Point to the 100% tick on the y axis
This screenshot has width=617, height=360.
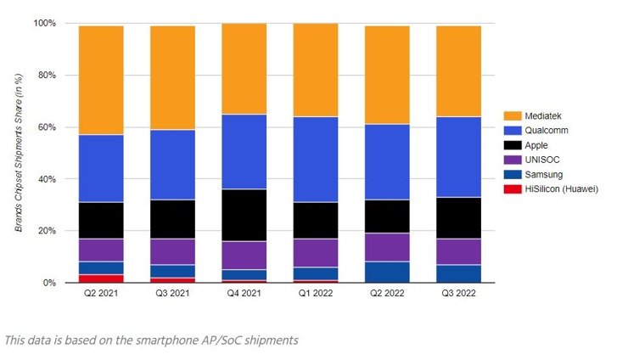pos(44,23)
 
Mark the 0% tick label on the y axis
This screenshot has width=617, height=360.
pos(48,283)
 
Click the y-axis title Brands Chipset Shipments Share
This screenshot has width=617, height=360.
pos(19,153)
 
